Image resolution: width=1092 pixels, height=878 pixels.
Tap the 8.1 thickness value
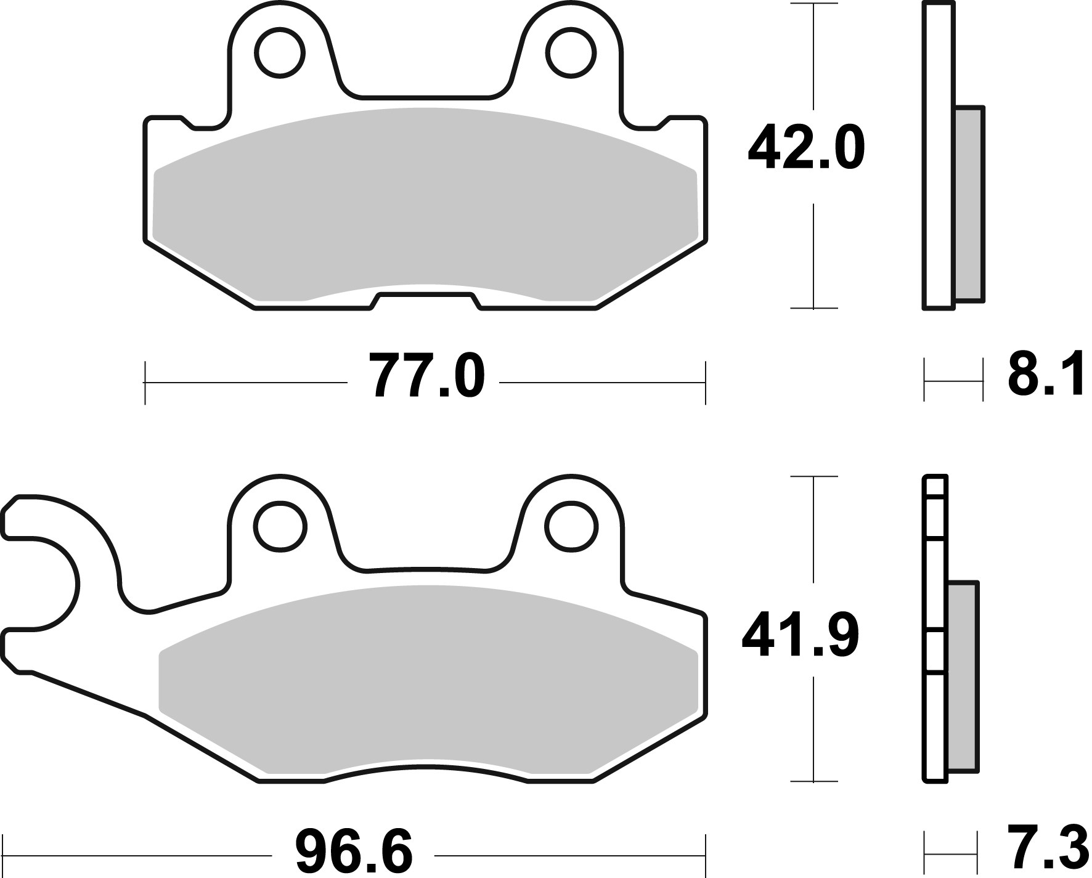tap(1045, 376)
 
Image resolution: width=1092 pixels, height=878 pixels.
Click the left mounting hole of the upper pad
tap(282, 53)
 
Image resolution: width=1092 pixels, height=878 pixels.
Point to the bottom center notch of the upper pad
tap(425, 301)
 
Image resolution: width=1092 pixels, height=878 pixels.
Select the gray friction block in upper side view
tap(969, 203)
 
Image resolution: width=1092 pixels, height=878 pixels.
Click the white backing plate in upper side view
tap(939, 154)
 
